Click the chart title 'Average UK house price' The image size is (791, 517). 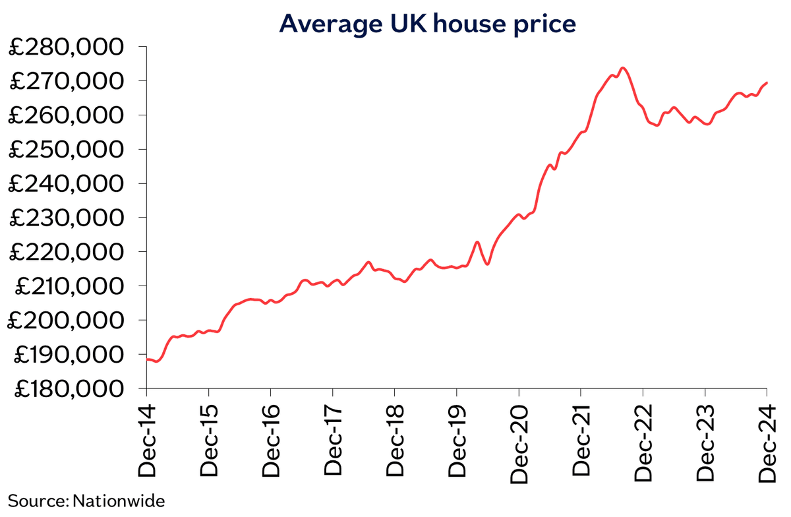tap(428, 23)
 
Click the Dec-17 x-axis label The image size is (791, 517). tap(333, 438)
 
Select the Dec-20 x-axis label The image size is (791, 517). tap(519, 438)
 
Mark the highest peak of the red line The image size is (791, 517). tap(623, 68)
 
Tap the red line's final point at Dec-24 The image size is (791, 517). tap(767, 82)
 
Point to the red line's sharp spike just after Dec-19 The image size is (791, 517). tap(477, 242)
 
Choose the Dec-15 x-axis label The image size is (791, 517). tap(208, 438)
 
